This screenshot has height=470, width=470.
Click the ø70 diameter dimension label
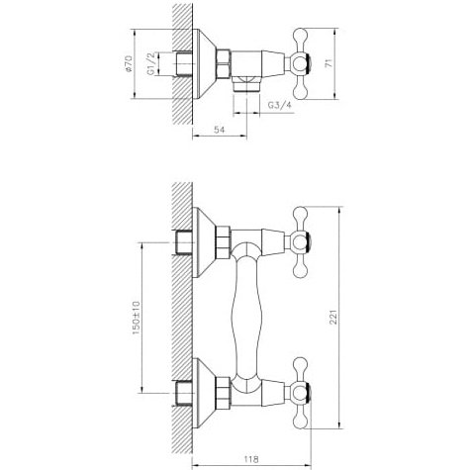coord(129,64)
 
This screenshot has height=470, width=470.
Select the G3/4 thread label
coord(279,105)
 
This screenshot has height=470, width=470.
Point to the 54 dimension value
coord(219,130)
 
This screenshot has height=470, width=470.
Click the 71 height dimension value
coord(329,63)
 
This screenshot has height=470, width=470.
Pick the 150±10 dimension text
coord(136,318)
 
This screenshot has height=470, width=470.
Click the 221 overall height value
coord(334,318)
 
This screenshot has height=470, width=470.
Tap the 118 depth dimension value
coord(251,459)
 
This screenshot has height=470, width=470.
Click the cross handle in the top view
coord(300,64)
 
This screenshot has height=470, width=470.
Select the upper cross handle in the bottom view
coord(300,242)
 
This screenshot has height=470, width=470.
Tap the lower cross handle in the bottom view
coord(300,393)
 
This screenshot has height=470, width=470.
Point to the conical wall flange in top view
coord(204,64)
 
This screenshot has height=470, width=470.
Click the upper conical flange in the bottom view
coord(204,242)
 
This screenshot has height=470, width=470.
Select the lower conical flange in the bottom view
coord(204,393)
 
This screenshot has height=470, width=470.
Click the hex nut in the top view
coord(224,64)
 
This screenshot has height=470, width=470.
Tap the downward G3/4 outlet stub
coord(246,84)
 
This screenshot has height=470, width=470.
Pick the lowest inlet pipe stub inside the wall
coord(182,393)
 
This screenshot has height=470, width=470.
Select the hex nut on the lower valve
coord(224,393)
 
